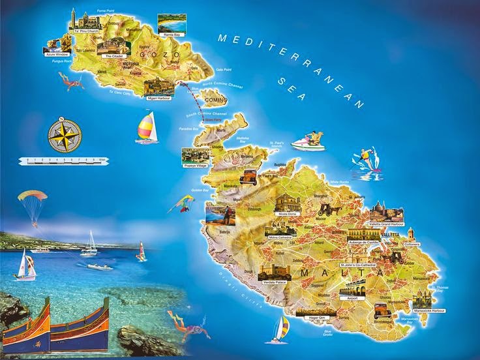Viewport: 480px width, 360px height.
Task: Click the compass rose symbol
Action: point(65,133)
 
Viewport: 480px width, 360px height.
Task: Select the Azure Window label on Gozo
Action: point(57,54)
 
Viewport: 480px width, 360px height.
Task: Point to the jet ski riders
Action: point(308,142)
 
